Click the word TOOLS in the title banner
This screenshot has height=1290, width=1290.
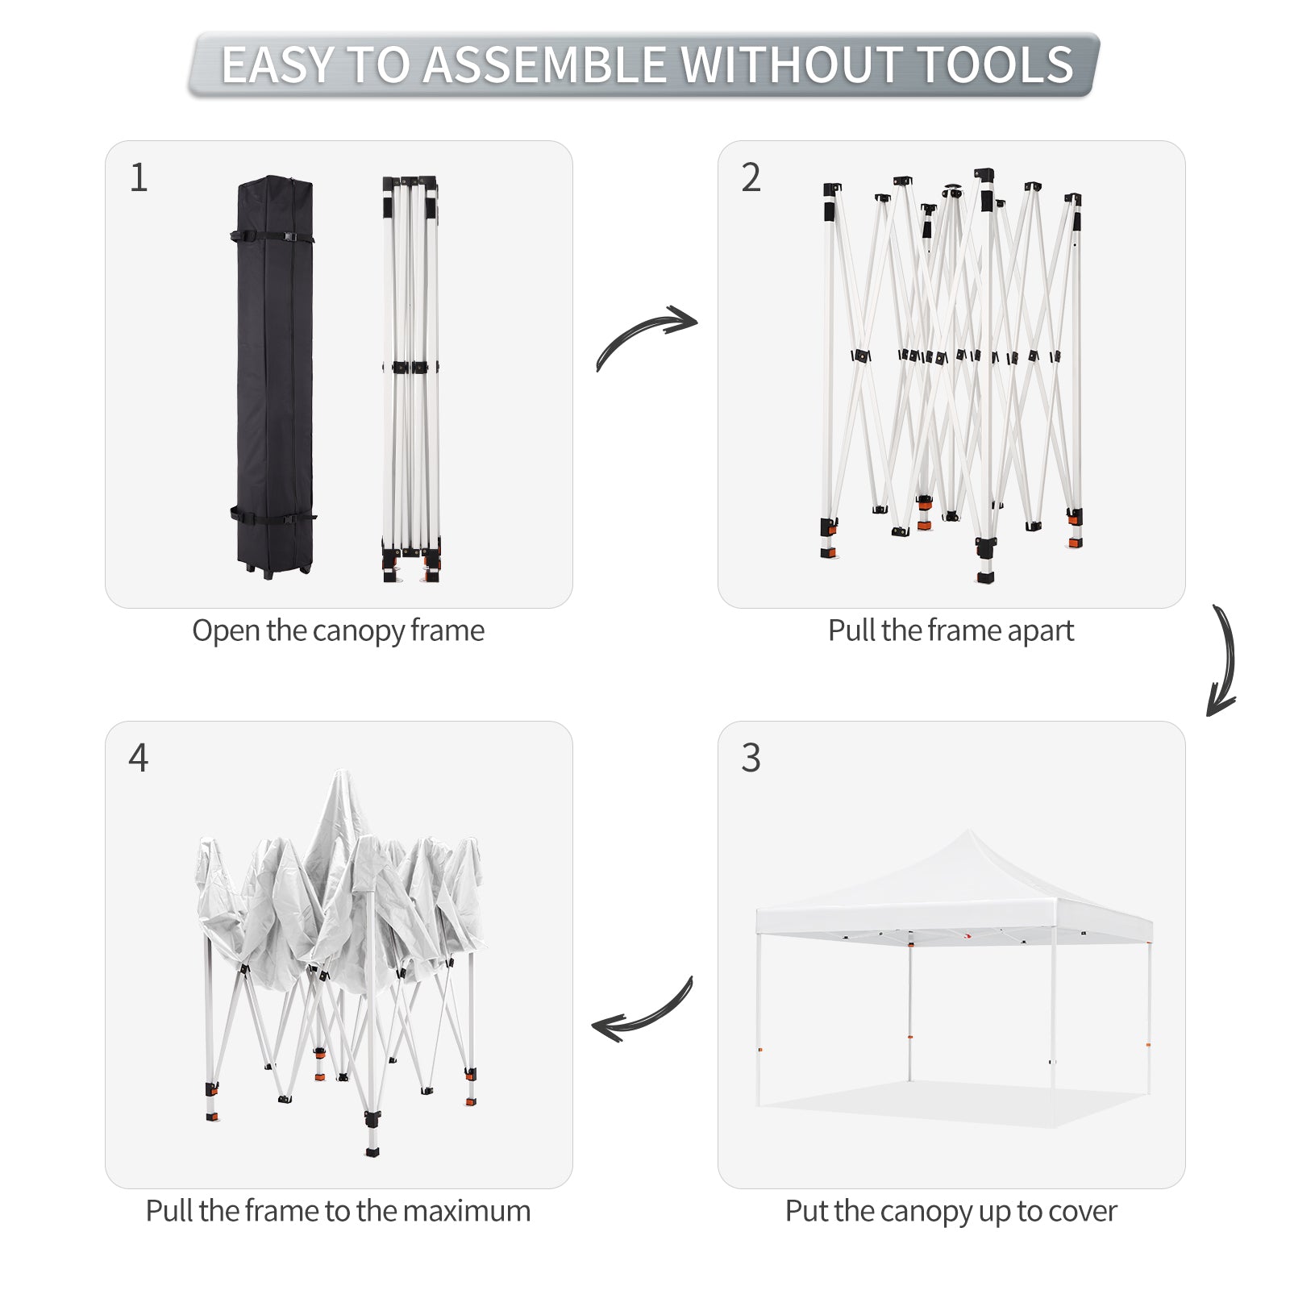(996, 64)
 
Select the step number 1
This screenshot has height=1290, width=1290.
(139, 177)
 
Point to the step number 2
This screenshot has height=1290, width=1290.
(751, 177)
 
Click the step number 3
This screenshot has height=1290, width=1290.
(751, 758)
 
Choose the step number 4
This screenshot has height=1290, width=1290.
(139, 758)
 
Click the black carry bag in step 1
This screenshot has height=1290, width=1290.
(274, 376)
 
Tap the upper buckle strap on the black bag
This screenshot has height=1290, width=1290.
(273, 237)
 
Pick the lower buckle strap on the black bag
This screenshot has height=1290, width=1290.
(273, 514)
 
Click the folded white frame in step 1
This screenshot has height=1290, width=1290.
(411, 379)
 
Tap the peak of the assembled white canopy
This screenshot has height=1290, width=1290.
(969, 830)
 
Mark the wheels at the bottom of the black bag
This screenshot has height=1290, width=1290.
(274, 569)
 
